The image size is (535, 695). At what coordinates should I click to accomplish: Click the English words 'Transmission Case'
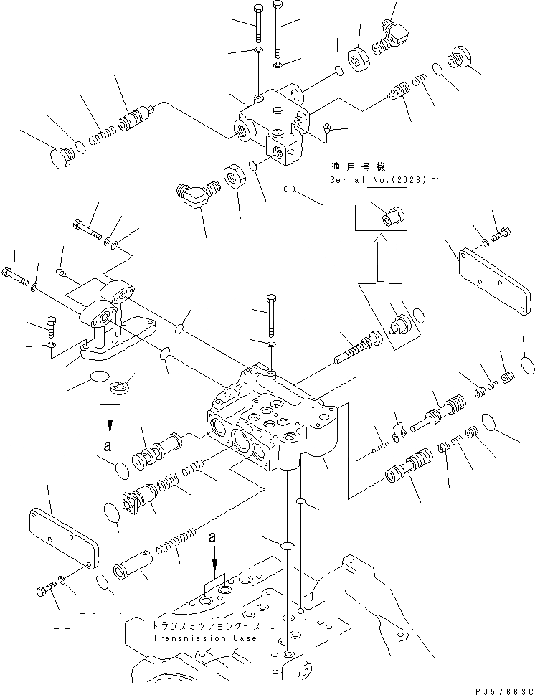199,638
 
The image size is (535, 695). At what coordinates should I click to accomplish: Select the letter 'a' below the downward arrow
107,445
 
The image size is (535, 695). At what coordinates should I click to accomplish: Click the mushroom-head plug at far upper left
60,155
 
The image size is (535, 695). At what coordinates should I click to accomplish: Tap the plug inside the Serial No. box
393,214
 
